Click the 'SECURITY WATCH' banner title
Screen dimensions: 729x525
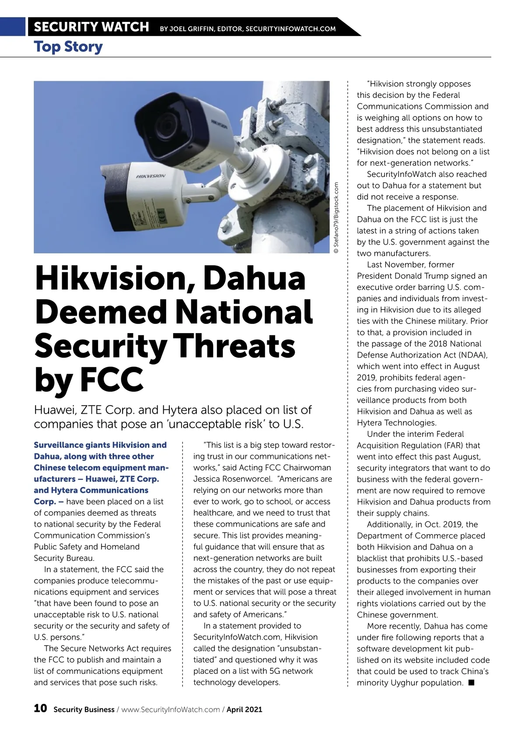tap(91, 27)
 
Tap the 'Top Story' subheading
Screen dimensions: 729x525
tap(68, 46)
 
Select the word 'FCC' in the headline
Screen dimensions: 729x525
tap(112, 379)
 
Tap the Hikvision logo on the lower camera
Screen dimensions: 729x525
tap(150, 176)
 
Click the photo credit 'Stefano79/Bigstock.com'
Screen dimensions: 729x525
tap(336, 218)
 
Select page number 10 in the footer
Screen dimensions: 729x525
tap(40, 708)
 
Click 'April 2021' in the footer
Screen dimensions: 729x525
tap(244, 709)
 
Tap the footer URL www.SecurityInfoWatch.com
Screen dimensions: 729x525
tap(170, 709)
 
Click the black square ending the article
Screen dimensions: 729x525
tap(471, 682)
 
